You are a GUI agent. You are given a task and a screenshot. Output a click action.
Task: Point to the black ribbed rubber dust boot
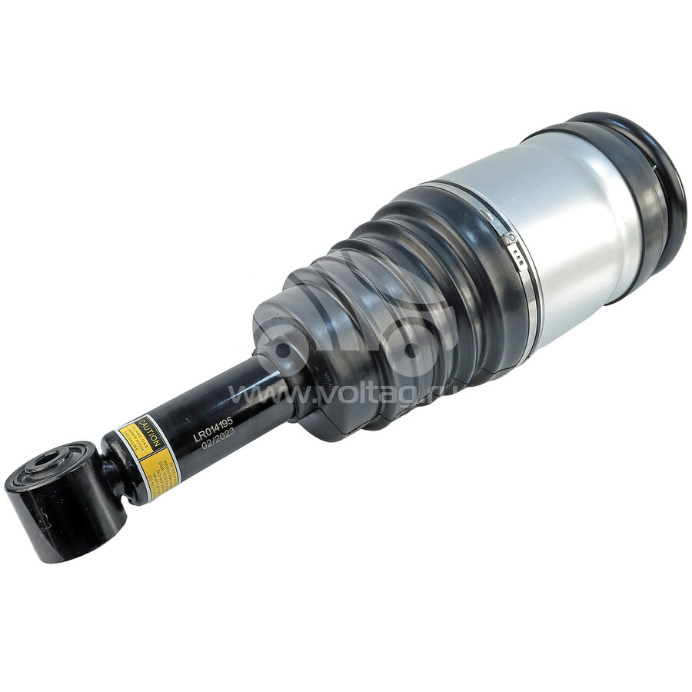(400, 308)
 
